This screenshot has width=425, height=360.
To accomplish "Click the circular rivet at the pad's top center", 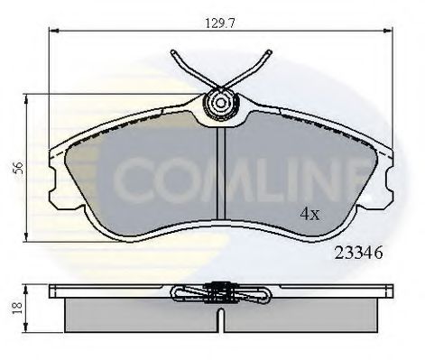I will coord(218,105).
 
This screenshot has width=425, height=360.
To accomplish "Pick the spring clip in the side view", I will coord(218,292).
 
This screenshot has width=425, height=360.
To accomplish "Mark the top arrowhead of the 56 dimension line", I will coord(30,96).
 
